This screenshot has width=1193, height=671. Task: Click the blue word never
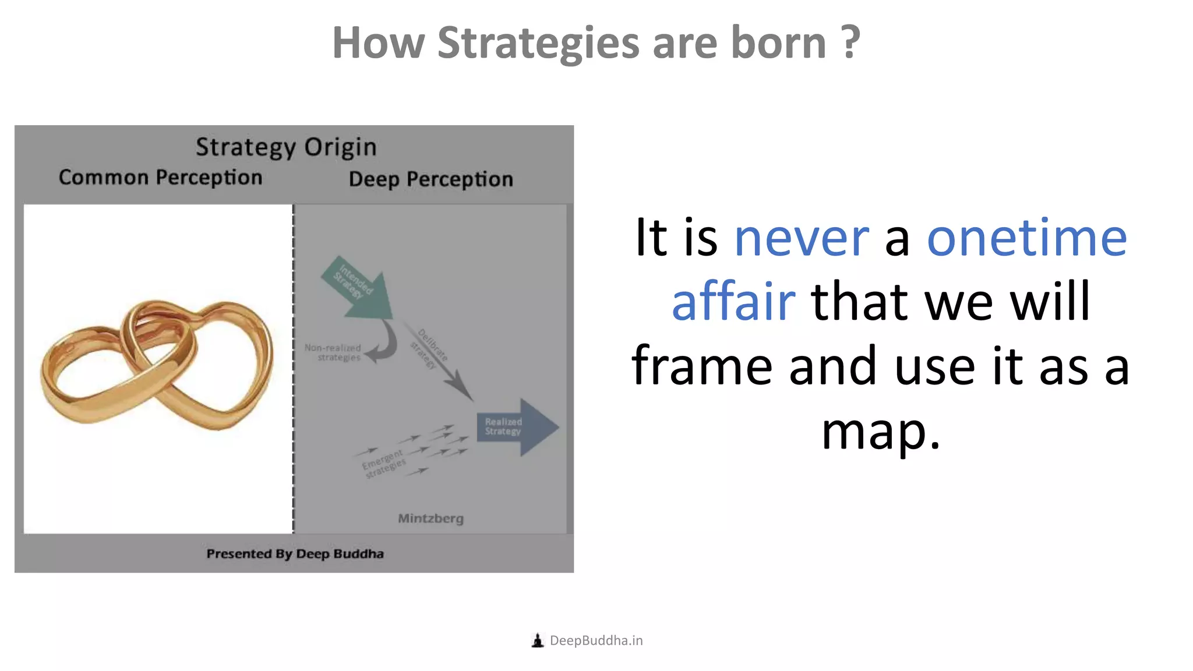[801, 238]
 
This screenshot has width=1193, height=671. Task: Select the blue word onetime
[1026, 238]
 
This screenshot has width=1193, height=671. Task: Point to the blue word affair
[733, 302]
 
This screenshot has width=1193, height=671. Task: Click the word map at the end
[880, 432]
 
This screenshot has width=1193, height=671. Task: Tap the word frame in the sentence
[701, 367]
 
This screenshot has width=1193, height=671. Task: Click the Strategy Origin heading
[286, 147]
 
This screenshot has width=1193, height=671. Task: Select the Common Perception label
[160, 178]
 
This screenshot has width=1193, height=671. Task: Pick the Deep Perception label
[430, 179]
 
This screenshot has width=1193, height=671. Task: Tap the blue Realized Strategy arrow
[516, 427]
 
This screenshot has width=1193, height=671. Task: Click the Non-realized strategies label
[333, 352]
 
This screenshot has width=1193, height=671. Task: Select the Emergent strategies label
[383, 464]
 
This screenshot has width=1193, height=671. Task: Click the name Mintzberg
[430, 518]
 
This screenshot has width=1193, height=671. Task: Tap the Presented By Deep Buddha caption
[295, 554]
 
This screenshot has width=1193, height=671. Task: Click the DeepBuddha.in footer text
[596, 641]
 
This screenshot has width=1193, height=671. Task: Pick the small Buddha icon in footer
[537, 641]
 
